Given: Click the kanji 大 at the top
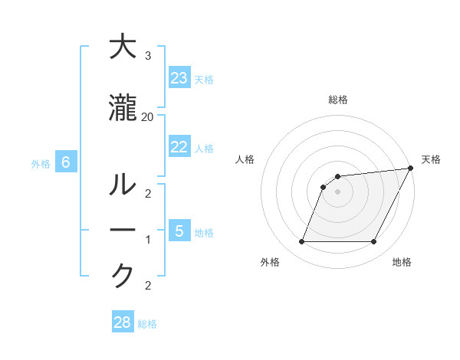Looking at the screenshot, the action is [x=123, y=47].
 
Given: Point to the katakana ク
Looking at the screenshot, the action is [x=123, y=276].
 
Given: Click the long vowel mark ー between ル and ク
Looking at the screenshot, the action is [x=123, y=231].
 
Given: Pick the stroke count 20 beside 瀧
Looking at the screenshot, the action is [x=147, y=117].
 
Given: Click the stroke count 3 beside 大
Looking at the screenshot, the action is [x=147, y=56].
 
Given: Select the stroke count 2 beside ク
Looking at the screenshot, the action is [x=147, y=286].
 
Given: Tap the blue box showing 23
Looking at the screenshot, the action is [x=179, y=78].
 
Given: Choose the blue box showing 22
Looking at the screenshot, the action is [x=179, y=147].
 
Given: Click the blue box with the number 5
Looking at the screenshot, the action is [x=179, y=231].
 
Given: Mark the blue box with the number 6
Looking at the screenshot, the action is [x=66, y=162].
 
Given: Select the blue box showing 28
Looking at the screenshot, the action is [x=122, y=323].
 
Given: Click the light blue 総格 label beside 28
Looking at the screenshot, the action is [x=147, y=324].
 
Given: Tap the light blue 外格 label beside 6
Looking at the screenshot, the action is [x=41, y=163].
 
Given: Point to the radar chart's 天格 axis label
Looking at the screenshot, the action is [x=431, y=160].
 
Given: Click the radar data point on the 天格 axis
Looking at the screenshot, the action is [x=411, y=168].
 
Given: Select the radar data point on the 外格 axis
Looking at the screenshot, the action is [x=301, y=242].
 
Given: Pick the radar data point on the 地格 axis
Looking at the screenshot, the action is [x=373, y=242].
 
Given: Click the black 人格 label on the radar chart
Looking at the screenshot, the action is [x=245, y=160].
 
